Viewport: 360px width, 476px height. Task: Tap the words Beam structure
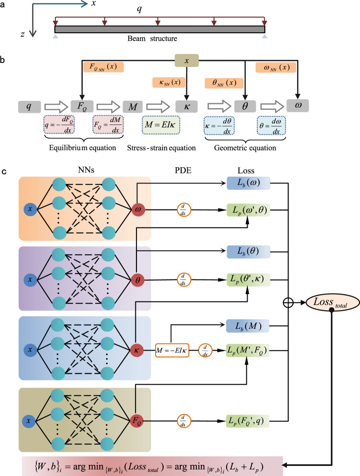coord(159,38)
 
